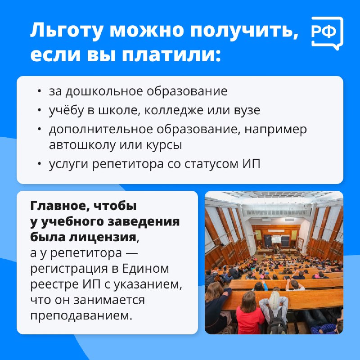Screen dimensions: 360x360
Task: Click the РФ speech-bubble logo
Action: click(x=327, y=33)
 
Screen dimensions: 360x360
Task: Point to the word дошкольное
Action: click(x=104, y=91)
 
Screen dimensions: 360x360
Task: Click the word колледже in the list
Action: click(x=174, y=110)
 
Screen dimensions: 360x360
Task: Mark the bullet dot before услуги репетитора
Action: click(x=40, y=164)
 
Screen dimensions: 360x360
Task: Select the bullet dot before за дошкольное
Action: click(x=40, y=91)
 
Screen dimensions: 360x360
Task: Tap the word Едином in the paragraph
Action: click(x=145, y=268)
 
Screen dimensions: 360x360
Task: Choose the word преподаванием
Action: click(x=81, y=316)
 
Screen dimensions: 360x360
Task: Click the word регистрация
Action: click(x=69, y=269)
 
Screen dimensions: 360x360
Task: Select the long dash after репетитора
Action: click(x=132, y=254)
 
